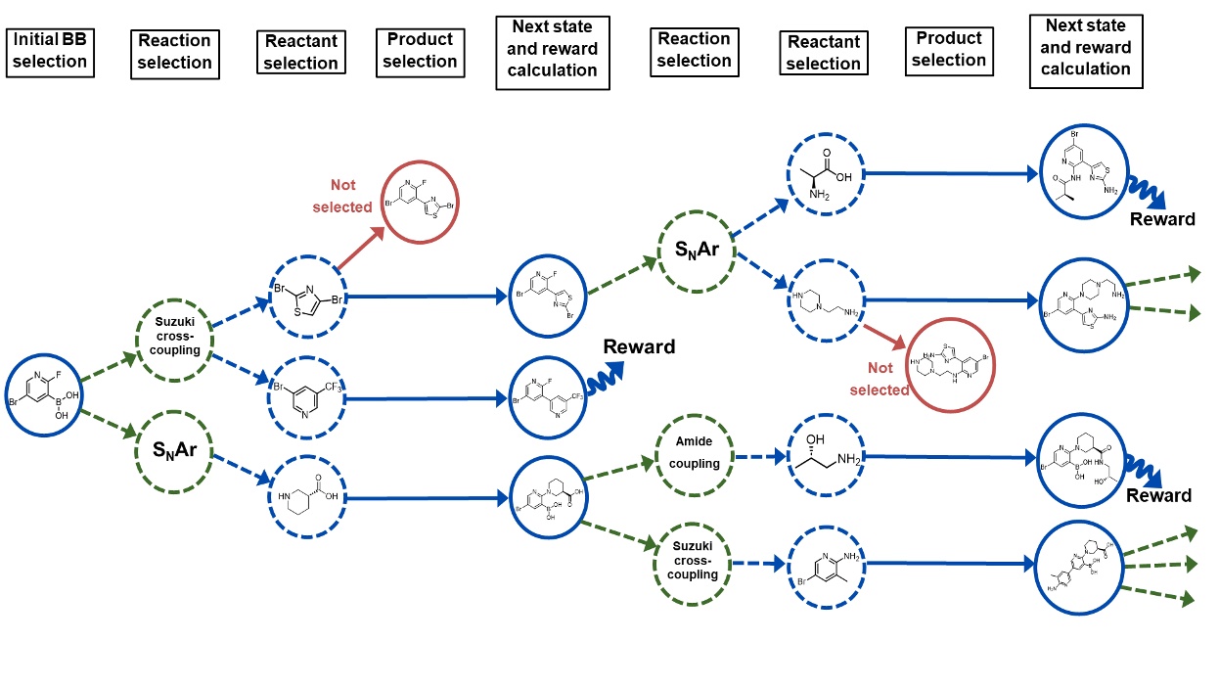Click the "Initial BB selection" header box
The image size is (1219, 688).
coord(49,51)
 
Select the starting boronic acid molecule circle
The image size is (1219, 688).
coord(44,397)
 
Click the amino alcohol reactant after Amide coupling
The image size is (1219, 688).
coord(827,456)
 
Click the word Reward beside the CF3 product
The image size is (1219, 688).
coord(639,346)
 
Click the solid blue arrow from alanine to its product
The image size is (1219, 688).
coord(949,174)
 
